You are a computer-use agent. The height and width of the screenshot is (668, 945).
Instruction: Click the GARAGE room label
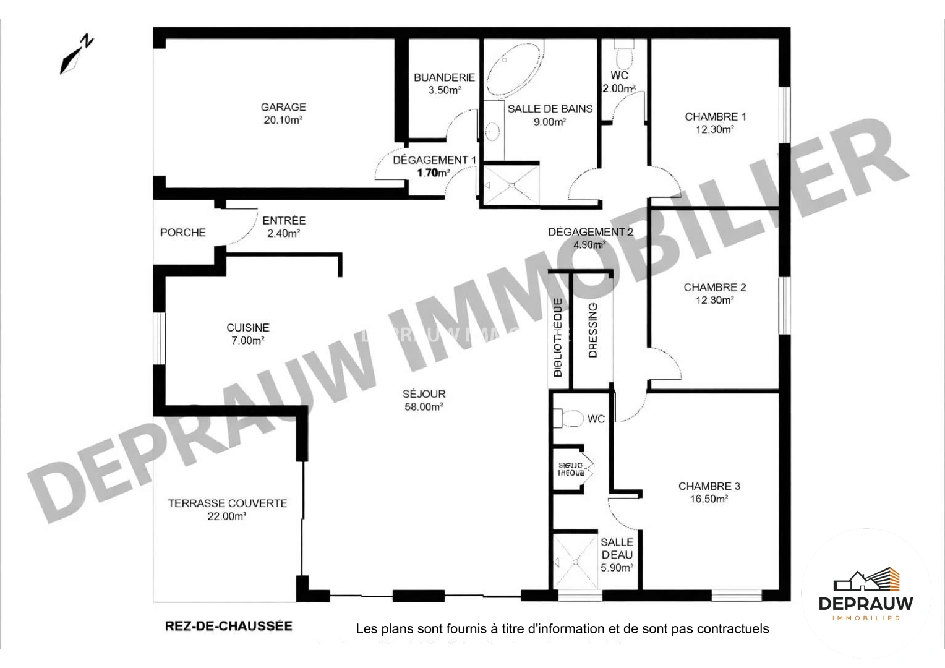click(x=283, y=107)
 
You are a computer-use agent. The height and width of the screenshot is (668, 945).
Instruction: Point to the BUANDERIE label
click(x=444, y=77)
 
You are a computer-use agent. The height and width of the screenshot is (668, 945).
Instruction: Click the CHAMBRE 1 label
click(x=716, y=116)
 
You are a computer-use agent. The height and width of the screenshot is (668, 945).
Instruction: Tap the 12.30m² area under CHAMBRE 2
click(x=715, y=301)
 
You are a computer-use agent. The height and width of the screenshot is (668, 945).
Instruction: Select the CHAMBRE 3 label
click(x=709, y=486)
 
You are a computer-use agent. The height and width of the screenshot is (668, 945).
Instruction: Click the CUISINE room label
click(x=247, y=328)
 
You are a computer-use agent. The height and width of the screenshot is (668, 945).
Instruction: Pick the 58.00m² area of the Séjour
click(x=424, y=407)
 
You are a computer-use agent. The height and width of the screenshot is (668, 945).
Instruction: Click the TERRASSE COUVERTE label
click(x=228, y=503)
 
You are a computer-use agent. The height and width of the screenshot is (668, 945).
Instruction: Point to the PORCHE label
click(x=182, y=233)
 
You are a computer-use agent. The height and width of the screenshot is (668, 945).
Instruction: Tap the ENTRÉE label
click(x=284, y=220)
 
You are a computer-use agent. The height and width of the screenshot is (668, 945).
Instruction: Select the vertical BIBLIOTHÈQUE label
click(x=558, y=338)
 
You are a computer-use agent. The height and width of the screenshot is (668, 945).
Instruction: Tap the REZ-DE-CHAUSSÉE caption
click(x=229, y=625)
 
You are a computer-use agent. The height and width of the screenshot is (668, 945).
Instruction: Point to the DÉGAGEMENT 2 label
click(x=591, y=232)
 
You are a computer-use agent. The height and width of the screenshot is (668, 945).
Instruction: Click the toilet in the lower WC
click(x=570, y=419)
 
